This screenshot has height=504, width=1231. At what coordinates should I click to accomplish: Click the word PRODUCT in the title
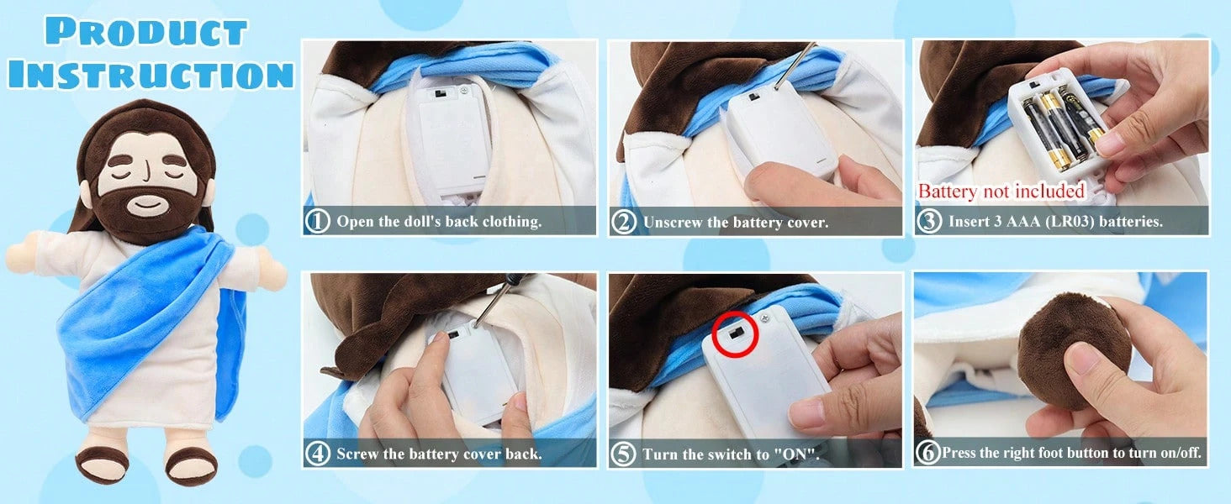(x=145, y=31)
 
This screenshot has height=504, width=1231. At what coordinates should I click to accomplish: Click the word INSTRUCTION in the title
(x=151, y=74)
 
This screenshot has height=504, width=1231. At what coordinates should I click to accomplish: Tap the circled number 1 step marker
(x=318, y=221)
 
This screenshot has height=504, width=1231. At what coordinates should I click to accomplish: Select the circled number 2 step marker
(x=624, y=223)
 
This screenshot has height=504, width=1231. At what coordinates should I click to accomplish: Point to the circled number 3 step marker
(x=929, y=221)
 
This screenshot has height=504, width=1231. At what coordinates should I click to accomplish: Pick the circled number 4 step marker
(x=318, y=454)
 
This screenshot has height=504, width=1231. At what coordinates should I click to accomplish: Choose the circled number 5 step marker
(x=624, y=454)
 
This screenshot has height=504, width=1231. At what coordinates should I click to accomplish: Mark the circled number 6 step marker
(x=928, y=453)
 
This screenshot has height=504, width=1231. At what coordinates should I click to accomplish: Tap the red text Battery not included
(x=1001, y=191)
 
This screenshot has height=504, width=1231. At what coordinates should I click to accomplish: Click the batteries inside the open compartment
(x=1058, y=129)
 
